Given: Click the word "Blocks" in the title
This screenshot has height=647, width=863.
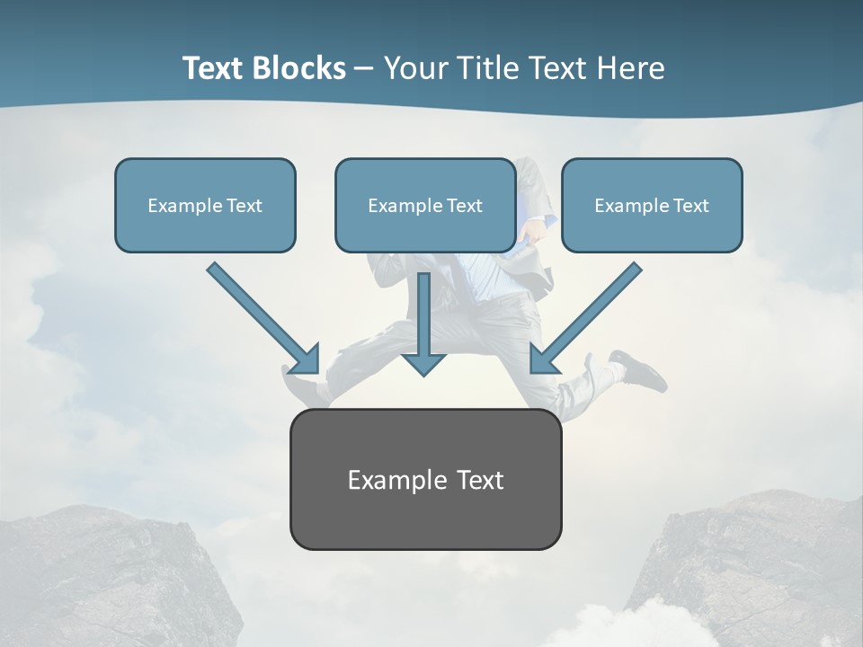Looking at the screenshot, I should [300, 68].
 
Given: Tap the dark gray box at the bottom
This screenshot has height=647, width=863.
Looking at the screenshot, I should [425, 517].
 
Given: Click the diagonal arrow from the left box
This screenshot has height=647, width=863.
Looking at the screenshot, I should [261, 316].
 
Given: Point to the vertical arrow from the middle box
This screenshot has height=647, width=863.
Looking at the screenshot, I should [424, 310].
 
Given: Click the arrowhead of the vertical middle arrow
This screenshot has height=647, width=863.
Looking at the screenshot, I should [424, 363].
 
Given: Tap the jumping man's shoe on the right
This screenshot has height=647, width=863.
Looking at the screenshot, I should [639, 370].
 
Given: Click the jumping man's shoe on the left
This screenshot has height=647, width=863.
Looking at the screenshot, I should [301, 386].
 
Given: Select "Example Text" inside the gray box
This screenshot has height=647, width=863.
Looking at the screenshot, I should [425, 480].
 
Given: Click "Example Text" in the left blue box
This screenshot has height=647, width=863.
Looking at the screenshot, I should [205, 206].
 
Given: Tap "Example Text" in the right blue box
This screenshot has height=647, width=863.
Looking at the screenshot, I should [652, 206].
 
